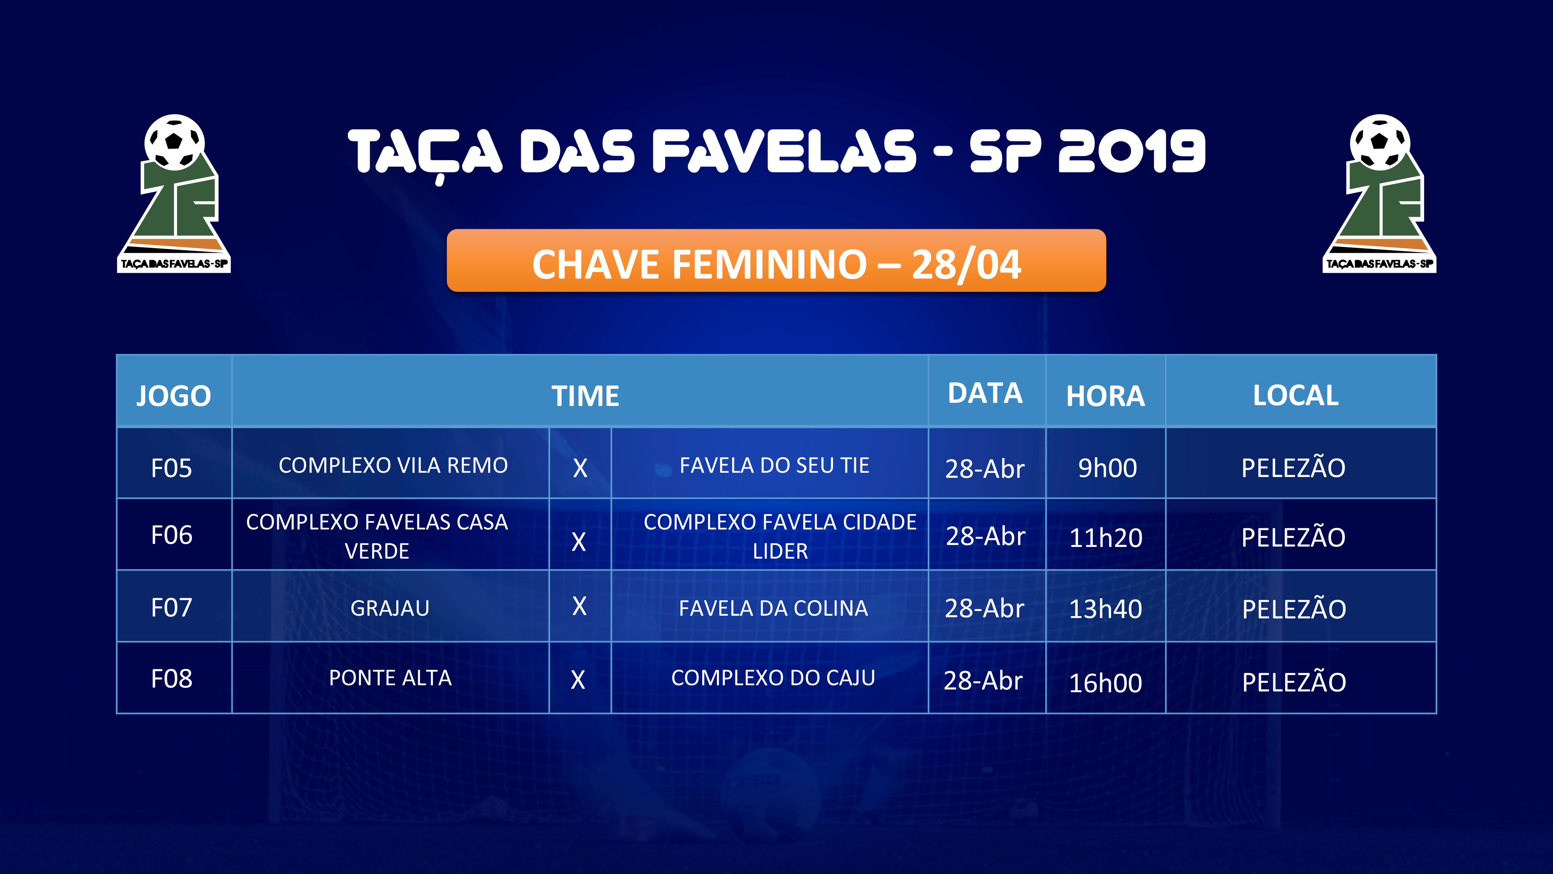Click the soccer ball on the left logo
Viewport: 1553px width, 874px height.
[174, 141]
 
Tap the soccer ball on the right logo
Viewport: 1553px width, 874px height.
[1380, 141]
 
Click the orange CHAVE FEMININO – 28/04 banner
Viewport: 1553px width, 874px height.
[777, 261]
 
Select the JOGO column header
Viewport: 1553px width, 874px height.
[174, 396]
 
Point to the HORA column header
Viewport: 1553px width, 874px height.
[1105, 396]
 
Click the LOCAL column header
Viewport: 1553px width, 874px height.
[1296, 396]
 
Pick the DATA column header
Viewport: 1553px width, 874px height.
[985, 393]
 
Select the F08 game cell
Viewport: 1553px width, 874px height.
[172, 679]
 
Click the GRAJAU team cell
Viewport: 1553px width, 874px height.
[390, 608]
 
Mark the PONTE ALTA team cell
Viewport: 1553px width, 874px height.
[390, 678]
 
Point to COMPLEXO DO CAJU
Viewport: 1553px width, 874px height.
[773, 678]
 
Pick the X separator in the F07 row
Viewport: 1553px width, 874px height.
[579, 606]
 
